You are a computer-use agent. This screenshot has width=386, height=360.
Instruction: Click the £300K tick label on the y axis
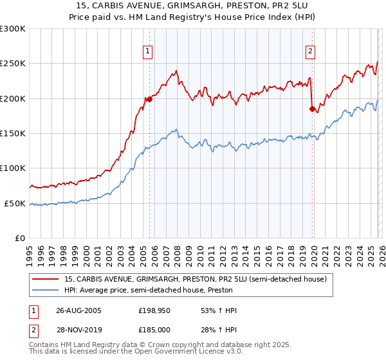pos(13,29)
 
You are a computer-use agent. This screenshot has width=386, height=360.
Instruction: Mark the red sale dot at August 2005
pos(149,99)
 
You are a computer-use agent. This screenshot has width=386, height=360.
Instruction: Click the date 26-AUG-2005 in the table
pos(78,310)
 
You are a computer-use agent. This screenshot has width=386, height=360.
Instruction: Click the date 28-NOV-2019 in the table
pos(78,330)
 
